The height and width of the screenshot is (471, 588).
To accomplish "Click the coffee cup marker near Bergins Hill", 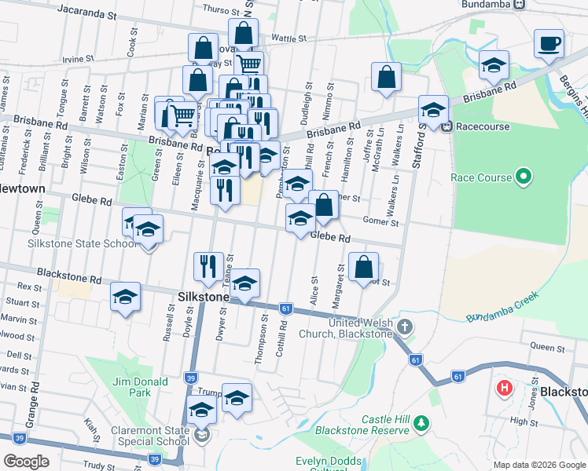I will point(549,44).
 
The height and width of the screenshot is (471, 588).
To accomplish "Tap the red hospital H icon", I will point(503,388).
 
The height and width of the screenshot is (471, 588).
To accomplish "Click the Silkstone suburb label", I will point(204,298).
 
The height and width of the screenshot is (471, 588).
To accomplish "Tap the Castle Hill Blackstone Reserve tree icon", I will point(422,423).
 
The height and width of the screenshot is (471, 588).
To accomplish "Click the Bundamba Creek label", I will point(503,307).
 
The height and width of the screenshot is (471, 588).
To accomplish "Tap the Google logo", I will point(26,461).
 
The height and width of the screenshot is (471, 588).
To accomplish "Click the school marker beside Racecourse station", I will point(432,110).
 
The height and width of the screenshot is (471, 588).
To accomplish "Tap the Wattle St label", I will point(288,38).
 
